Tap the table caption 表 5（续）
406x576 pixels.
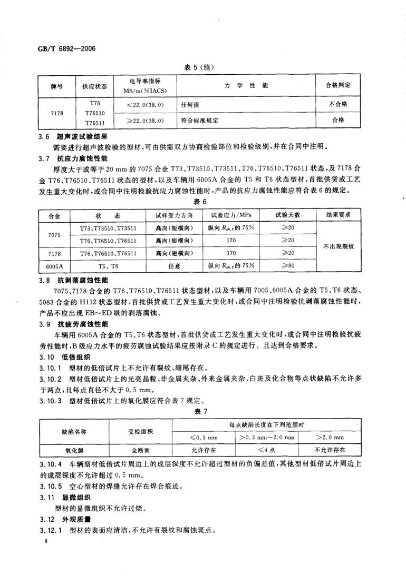[x=202, y=67]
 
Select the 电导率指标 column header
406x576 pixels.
[x=145, y=86]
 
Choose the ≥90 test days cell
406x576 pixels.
[x=287, y=266]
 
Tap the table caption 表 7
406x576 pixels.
[x=202, y=412]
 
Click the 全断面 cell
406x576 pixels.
[x=141, y=450]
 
